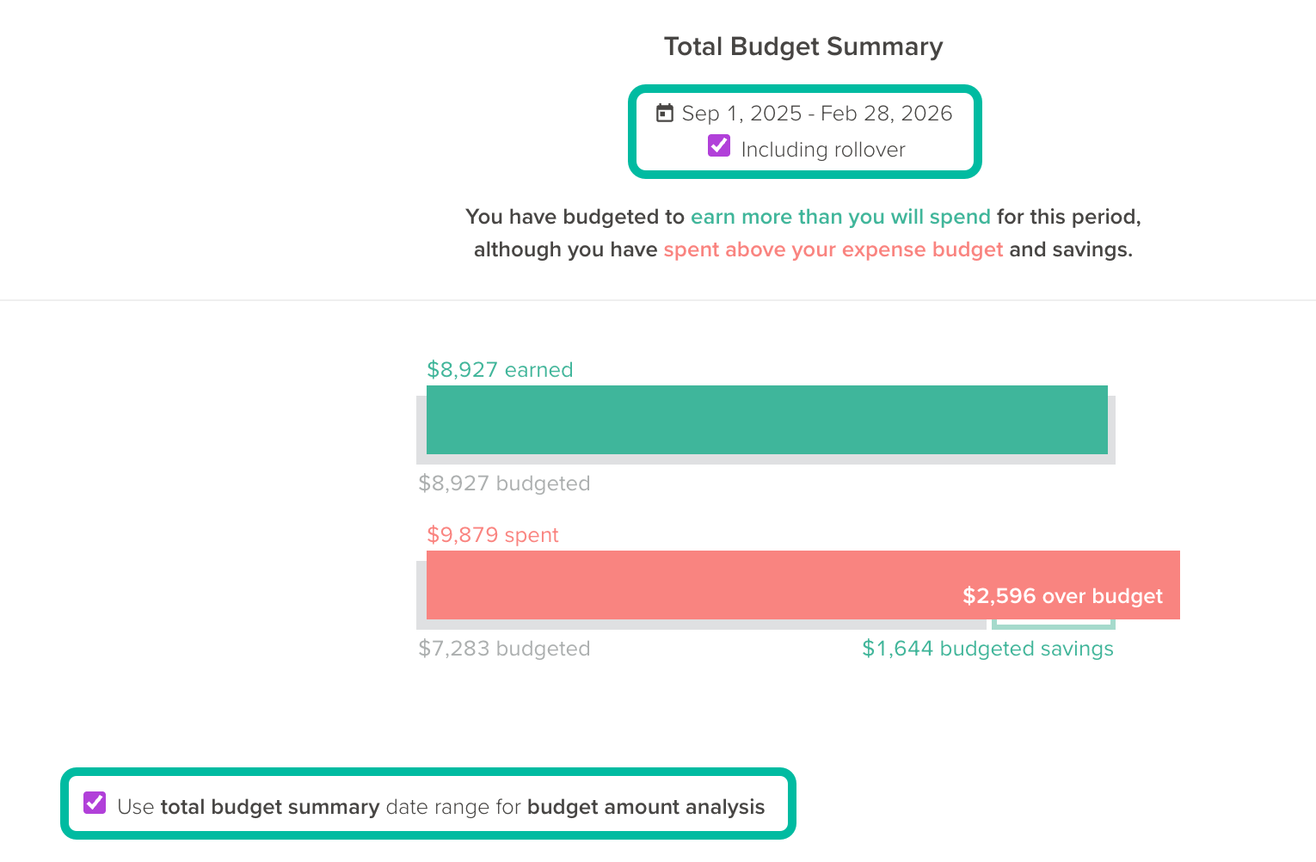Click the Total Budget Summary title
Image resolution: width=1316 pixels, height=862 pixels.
point(803,46)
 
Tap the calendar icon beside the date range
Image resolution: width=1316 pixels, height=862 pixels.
point(665,113)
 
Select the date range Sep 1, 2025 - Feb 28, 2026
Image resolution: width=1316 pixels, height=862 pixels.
point(816,114)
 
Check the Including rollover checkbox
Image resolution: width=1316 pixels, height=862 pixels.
point(719,146)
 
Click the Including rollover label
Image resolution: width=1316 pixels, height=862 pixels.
point(822,150)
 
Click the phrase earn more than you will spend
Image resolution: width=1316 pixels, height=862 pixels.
point(840,217)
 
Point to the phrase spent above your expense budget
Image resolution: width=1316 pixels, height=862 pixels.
point(833,249)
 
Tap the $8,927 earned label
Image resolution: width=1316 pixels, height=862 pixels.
point(500,370)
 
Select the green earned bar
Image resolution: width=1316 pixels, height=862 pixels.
point(766,420)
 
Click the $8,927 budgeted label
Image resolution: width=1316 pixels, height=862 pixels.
point(504,483)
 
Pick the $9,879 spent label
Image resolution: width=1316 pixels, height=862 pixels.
point(493,535)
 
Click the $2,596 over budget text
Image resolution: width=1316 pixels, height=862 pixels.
point(1062,596)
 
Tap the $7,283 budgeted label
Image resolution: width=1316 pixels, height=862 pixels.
point(504,649)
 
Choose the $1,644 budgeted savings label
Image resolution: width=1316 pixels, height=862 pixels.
point(987,649)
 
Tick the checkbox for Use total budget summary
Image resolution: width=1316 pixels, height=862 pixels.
point(95,804)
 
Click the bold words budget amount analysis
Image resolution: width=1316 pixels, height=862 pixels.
point(645,807)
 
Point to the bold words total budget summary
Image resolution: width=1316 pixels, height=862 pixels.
point(270,807)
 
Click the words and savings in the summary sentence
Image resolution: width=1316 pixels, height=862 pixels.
point(1070,249)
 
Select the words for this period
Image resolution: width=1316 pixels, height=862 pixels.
point(1068,217)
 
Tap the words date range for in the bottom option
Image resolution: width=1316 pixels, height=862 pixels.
point(453,807)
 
